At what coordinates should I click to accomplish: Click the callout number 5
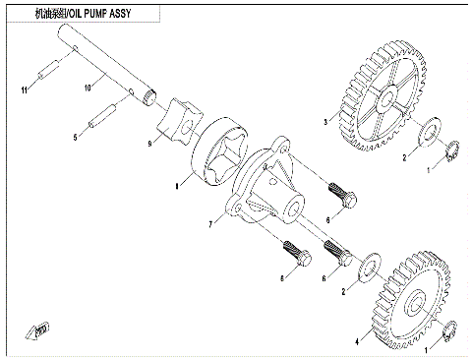pyautogui.click(x=75, y=138)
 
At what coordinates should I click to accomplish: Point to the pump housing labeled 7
pyautogui.click(x=270, y=187)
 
